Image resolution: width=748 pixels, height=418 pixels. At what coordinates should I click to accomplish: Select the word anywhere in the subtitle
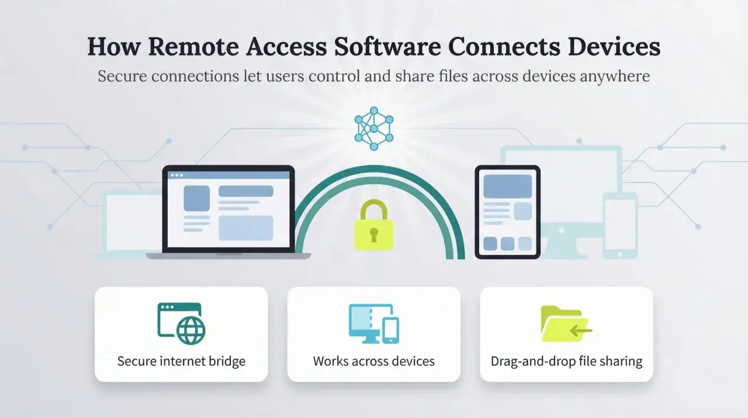[615, 77]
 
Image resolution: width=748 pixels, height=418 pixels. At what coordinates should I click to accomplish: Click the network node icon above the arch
[374, 129]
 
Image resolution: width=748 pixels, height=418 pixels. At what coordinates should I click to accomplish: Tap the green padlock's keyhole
[373, 234]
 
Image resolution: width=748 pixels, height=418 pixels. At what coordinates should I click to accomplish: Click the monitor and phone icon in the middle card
[373, 323]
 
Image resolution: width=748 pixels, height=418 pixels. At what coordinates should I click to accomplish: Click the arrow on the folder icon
[581, 331]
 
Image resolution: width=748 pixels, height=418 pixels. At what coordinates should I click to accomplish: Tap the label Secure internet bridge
[181, 361]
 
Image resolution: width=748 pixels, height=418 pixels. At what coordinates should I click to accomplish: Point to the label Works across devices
[373, 361]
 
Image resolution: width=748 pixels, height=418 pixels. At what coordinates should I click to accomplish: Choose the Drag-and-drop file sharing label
[566, 361]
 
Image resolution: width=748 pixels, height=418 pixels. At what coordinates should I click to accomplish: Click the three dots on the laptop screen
[176, 175]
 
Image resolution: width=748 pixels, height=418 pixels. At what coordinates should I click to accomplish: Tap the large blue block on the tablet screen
[508, 186]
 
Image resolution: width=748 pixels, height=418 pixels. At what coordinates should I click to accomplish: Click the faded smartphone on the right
[620, 226]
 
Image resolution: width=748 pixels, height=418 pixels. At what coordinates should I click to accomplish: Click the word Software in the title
[387, 46]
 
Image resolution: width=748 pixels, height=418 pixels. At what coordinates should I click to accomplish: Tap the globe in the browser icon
[191, 330]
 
